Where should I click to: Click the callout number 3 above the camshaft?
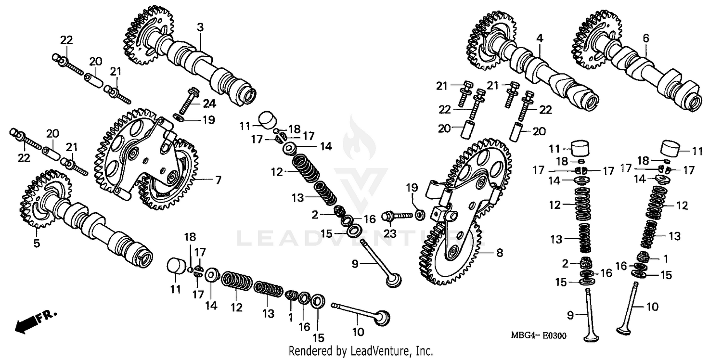click(x=200, y=28)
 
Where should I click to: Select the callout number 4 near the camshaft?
click(x=540, y=37)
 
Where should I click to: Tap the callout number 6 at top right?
click(x=645, y=37)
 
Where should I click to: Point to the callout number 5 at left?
click(x=37, y=243)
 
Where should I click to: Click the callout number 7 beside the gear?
click(x=218, y=180)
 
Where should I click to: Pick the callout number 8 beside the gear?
click(x=500, y=252)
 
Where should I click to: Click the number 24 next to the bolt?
click(x=209, y=104)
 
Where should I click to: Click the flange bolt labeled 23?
click(x=396, y=217)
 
